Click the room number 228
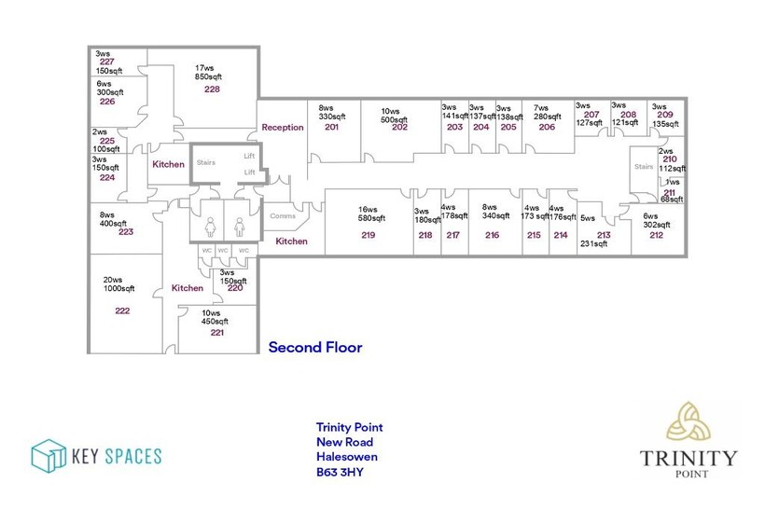212,90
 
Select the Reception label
283,127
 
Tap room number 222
122,310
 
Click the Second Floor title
315,348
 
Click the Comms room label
283,216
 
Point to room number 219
368,236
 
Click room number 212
656,235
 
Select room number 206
547,127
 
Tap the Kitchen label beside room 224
168,164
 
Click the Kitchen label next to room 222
188,288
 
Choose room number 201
331,127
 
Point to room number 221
216,333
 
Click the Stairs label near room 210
644,167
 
